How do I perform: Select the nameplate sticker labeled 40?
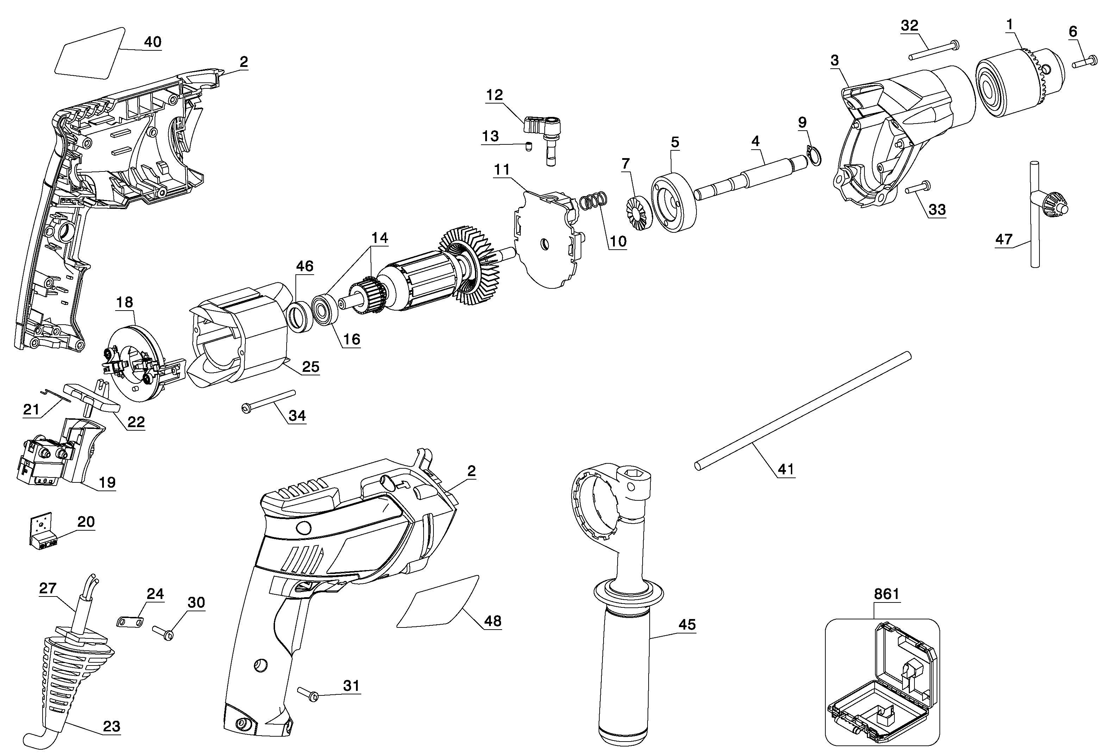[90, 53]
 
